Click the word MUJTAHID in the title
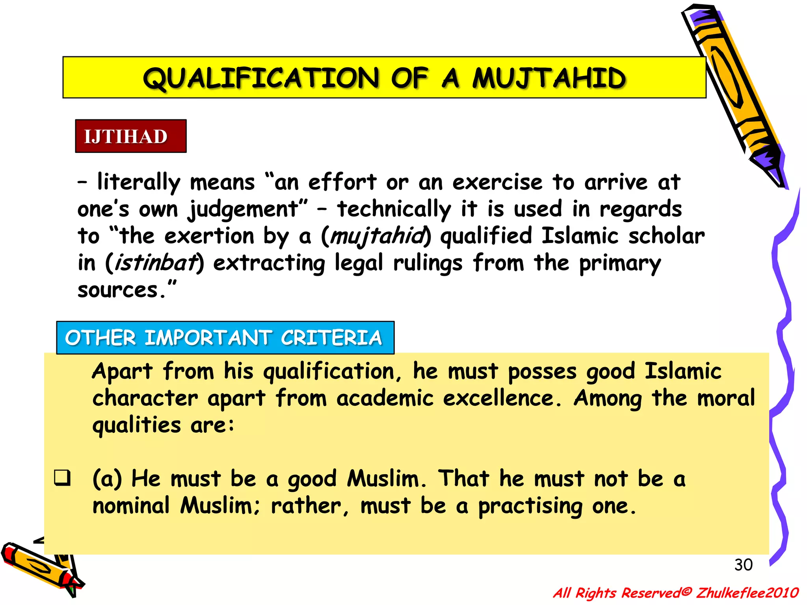(549, 78)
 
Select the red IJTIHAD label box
(131, 136)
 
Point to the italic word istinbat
(155, 263)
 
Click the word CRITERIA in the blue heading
(331, 338)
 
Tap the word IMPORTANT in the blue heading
(208, 338)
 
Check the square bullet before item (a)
(63, 478)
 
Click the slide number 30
(743, 565)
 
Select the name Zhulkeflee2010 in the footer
(747, 593)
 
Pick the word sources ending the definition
(118, 290)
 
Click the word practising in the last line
(530, 506)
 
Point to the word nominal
(131, 506)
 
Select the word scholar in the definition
(666, 236)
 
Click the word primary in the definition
(620, 263)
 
